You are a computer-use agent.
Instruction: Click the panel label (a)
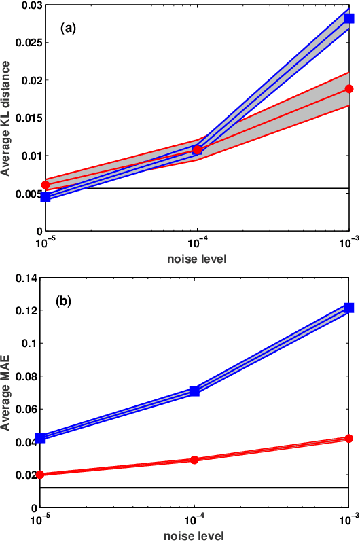point(68,28)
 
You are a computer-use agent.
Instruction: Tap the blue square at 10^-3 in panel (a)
point(349,18)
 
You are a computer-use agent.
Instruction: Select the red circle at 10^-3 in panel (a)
point(349,88)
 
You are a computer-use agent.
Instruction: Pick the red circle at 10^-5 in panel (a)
point(46,185)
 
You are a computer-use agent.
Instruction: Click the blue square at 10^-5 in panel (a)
point(46,197)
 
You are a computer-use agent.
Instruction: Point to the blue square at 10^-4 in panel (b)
point(195,391)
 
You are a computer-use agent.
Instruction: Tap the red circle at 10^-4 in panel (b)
point(195,460)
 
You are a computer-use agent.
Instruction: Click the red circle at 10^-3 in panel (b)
point(349,438)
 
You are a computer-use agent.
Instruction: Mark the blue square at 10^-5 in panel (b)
point(41,438)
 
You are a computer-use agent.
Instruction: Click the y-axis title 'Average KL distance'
point(6,118)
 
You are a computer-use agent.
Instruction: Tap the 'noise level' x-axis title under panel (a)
point(197,259)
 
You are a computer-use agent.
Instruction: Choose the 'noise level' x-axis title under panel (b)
point(197,535)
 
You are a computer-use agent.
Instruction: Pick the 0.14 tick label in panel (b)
point(24,278)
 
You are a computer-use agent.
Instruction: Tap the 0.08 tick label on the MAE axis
point(24,376)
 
